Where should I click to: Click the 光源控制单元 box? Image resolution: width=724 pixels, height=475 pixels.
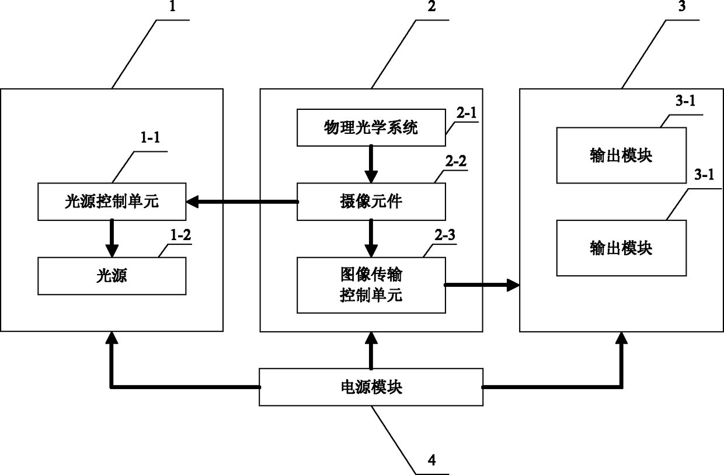pyautogui.click(x=112, y=202)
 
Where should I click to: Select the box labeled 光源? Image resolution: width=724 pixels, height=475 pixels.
pyautogui.click(x=112, y=276)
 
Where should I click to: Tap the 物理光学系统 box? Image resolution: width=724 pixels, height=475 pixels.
pyautogui.click(x=371, y=127)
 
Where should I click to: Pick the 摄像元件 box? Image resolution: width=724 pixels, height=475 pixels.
pyautogui.click(x=371, y=202)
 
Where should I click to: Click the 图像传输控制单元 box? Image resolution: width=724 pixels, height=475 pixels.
pyautogui.click(x=371, y=285)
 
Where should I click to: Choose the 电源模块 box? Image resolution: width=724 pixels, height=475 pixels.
pyautogui.click(x=371, y=387)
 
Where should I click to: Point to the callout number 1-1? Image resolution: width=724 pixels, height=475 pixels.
pyautogui.click(x=150, y=138)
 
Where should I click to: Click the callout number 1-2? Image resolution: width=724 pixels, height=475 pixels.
pyautogui.click(x=180, y=235)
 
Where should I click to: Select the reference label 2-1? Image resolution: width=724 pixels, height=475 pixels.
pyautogui.click(x=467, y=113)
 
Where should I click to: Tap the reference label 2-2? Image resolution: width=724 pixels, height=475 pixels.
pyautogui.click(x=456, y=161)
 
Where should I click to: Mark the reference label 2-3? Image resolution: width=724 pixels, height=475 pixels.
pyautogui.click(x=445, y=235)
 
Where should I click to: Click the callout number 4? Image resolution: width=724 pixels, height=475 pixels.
pyautogui.click(x=432, y=460)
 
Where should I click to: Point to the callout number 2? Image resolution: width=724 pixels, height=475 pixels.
pyautogui.click(x=432, y=6)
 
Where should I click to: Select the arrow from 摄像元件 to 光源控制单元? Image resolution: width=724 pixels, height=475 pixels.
pyautogui.click(x=242, y=202)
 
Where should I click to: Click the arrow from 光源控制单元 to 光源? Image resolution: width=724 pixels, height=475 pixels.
pyautogui.click(x=112, y=238)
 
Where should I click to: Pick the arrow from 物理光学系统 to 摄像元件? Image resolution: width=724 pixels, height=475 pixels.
pyautogui.click(x=371, y=164)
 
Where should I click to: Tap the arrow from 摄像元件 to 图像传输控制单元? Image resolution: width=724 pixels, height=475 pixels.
pyautogui.click(x=371, y=238)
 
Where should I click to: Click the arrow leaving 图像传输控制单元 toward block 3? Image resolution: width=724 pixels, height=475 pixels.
pyautogui.click(x=482, y=285)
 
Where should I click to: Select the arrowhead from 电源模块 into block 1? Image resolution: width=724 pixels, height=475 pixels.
pyautogui.click(x=112, y=338)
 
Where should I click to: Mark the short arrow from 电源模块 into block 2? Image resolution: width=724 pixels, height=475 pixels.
pyautogui.click(x=371, y=351)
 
